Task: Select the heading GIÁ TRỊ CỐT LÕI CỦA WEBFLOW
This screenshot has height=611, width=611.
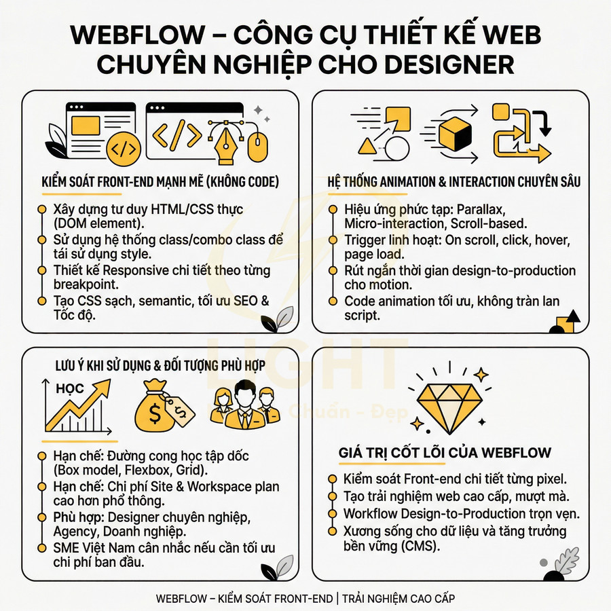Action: [445, 453]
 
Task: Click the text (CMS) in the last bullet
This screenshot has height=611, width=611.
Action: [426, 545]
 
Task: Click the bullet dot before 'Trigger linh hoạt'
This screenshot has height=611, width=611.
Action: [332, 241]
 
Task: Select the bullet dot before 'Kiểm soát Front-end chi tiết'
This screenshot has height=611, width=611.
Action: [332, 479]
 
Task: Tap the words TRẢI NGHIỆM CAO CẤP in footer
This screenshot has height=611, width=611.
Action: [399, 598]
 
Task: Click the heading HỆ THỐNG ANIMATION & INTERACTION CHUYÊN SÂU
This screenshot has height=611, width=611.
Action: [453, 182]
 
